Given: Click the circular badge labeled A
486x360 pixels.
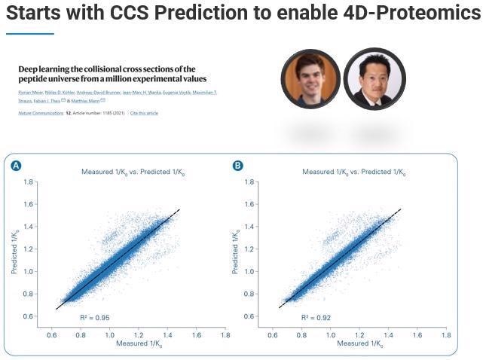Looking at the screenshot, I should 16,166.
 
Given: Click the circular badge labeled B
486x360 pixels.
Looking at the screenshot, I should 237,166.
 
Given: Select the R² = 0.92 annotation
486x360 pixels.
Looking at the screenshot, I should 316,318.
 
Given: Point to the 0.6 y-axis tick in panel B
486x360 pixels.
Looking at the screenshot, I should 252,316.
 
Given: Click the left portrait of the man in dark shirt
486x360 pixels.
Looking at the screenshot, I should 310,79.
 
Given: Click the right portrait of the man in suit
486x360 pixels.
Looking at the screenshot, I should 374,79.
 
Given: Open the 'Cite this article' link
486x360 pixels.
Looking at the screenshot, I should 144,113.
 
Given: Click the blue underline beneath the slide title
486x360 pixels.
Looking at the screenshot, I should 30,33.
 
